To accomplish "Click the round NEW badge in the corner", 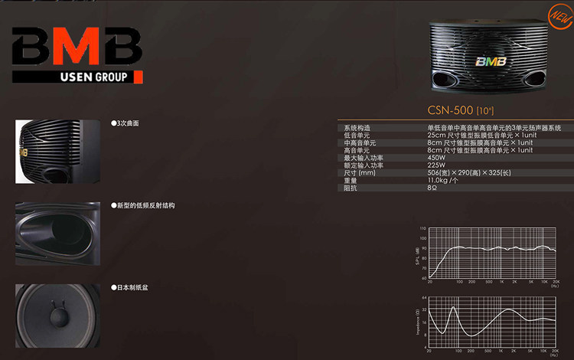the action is pyautogui.click(x=559, y=13).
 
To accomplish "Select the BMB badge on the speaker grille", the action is pyautogui.click(x=489, y=62).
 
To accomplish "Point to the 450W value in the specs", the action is pyautogui.click(x=437, y=158).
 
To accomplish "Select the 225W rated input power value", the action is pyautogui.click(x=437, y=165).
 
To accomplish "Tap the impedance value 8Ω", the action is pyautogui.click(x=432, y=187).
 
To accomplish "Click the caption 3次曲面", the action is pyautogui.click(x=126, y=123).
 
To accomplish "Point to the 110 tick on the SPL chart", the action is pyautogui.click(x=423, y=229).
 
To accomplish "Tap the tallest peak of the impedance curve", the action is pyautogui.click(x=454, y=307).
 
